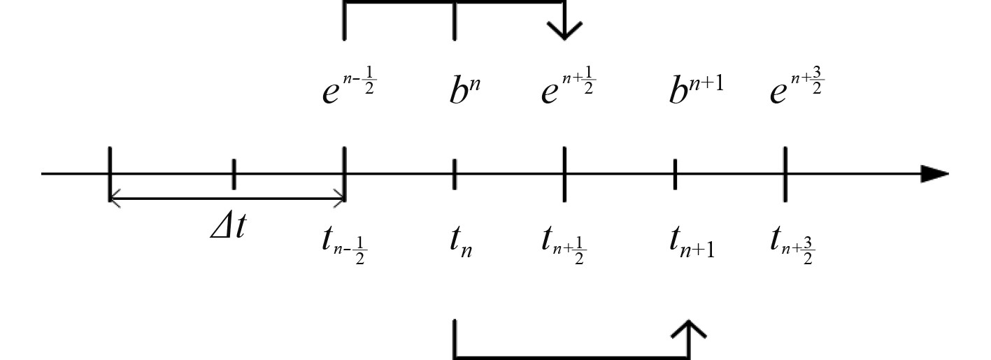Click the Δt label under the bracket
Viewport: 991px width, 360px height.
pos(228,227)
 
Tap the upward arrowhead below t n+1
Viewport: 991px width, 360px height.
pos(690,331)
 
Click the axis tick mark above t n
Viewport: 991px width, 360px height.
pos(455,174)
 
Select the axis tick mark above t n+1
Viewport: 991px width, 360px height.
pos(675,174)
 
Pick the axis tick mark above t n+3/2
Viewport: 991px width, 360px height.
pos(785,174)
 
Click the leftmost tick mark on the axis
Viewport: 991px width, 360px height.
pos(110,174)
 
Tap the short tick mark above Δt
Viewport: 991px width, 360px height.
pos(234,174)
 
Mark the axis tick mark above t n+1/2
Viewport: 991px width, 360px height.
pos(564,174)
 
